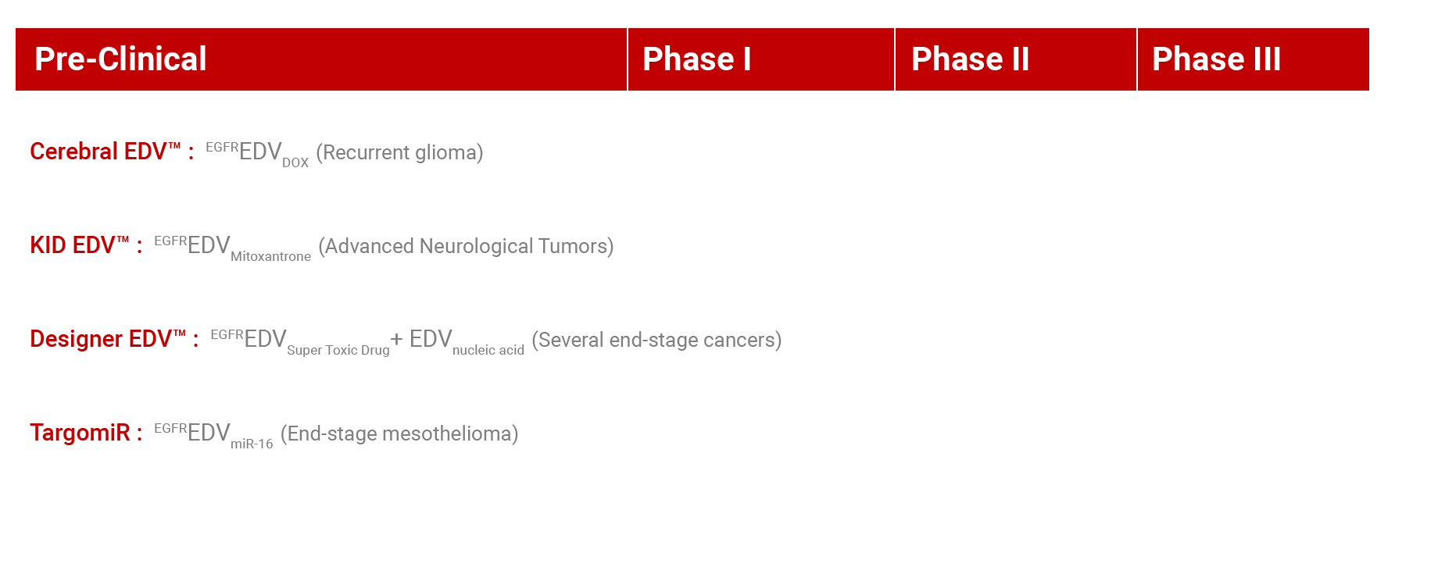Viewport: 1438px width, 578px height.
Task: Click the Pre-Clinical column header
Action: click(x=120, y=59)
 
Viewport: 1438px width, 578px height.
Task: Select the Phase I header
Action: click(x=696, y=59)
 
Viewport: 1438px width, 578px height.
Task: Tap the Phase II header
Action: click(x=970, y=59)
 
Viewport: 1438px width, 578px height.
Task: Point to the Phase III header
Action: click(x=1216, y=59)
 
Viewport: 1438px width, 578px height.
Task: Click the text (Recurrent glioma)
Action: click(x=399, y=152)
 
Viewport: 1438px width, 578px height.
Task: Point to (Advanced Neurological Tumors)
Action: click(x=466, y=246)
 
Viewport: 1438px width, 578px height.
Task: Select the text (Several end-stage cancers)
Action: click(x=656, y=340)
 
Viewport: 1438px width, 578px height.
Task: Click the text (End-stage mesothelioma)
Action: click(x=399, y=433)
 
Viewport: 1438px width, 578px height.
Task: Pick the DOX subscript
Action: click(x=295, y=162)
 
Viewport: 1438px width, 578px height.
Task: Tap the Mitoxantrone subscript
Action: click(x=270, y=256)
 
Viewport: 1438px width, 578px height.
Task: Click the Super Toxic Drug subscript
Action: click(x=338, y=350)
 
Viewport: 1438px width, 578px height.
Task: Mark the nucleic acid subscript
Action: click(x=488, y=350)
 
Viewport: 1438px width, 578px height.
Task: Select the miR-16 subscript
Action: click(x=252, y=444)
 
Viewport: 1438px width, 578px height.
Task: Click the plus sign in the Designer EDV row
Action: click(x=397, y=339)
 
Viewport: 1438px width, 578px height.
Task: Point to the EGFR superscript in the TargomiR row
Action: click(x=170, y=428)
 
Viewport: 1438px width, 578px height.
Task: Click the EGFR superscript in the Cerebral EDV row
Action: click(x=222, y=147)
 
